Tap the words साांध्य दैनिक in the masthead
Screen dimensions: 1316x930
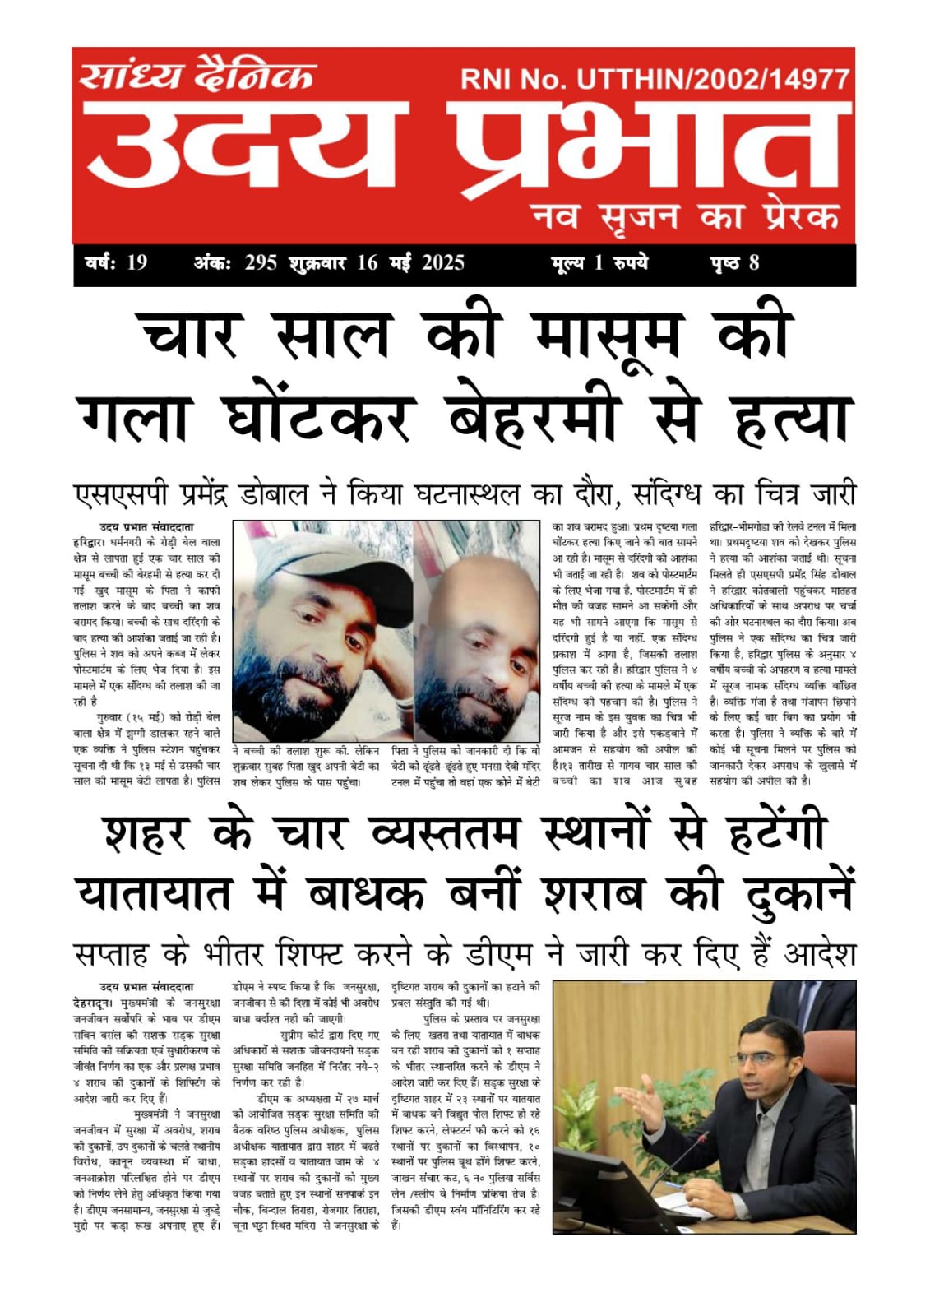click(x=197, y=75)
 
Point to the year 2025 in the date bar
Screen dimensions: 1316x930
click(x=443, y=263)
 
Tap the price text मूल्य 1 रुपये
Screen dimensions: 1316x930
click(x=599, y=263)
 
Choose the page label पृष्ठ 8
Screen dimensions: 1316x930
click(x=733, y=263)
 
